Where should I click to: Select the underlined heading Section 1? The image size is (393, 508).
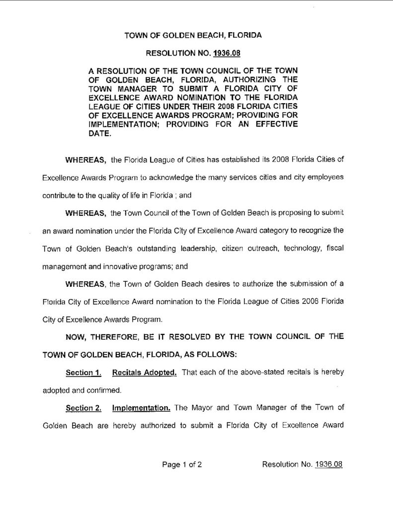pyautogui.click(x=80, y=372)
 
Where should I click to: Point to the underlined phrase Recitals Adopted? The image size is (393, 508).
pyautogui.click(x=145, y=372)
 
